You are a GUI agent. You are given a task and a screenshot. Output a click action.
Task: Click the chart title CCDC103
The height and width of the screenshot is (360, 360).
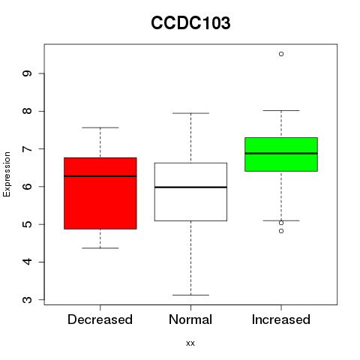190,23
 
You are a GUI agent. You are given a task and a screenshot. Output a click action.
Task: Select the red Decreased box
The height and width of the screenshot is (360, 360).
100,193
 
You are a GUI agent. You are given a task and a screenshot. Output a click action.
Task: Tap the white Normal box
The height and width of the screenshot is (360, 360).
190,192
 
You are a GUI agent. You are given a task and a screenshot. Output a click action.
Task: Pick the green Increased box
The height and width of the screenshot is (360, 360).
281,154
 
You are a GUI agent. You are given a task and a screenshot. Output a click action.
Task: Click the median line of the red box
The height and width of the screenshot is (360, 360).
100,176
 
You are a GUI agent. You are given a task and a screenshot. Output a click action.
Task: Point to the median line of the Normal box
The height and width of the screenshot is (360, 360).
190,187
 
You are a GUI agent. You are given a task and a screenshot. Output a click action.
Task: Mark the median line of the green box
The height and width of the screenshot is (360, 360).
281,154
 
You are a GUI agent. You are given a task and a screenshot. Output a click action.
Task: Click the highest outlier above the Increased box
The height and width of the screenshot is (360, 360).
281,54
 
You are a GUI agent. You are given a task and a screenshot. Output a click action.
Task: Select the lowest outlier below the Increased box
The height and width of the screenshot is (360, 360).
281,231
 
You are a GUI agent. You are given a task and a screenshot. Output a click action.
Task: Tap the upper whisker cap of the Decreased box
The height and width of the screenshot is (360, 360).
100,127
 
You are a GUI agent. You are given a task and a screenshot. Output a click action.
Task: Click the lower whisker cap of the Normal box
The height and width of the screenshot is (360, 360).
190,295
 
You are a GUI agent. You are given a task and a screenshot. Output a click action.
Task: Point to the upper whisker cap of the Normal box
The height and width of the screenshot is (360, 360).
190,113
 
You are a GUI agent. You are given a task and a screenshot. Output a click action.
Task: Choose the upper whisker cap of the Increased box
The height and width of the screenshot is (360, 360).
281,110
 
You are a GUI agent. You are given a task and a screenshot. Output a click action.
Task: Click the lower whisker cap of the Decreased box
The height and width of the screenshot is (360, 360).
100,248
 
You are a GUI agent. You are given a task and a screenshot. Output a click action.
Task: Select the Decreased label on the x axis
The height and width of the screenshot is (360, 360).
100,319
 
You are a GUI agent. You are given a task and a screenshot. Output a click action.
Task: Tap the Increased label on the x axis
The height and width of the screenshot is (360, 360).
281,319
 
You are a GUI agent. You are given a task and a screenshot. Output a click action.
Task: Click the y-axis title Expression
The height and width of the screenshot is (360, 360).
7,174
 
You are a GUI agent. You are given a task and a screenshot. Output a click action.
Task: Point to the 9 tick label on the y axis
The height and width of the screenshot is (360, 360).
27,73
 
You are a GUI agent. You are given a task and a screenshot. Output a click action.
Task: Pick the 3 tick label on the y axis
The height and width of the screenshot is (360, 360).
27,299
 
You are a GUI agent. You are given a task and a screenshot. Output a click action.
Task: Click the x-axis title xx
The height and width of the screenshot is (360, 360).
190,343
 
